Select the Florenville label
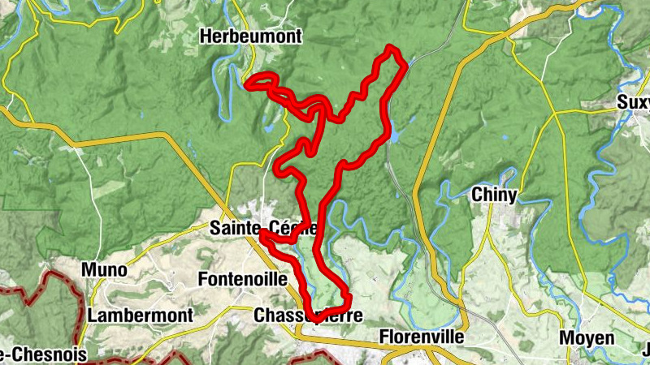coord(422,336)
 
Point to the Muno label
coord(104,270)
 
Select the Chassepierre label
coord(307,316)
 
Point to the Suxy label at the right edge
coord(634,103)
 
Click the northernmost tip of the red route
coord(392,48)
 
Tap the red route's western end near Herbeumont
coord(248,81)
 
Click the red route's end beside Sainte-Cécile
coord(262,234)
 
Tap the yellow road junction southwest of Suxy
coord(557,114)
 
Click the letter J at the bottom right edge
coord(646,351)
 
